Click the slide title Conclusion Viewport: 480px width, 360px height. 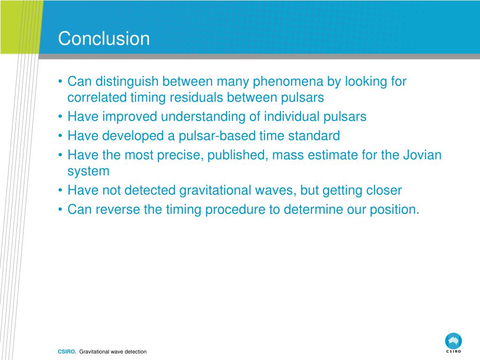[104, 38]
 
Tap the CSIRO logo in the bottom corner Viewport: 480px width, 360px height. [453, 343]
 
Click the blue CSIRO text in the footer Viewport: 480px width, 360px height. [67, 352]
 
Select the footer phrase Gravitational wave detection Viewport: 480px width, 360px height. [113, 352]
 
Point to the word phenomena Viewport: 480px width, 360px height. [288, 82]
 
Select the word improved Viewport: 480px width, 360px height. [129, 117]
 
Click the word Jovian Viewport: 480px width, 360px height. [422, 155]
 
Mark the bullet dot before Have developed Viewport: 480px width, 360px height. [60, 135]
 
